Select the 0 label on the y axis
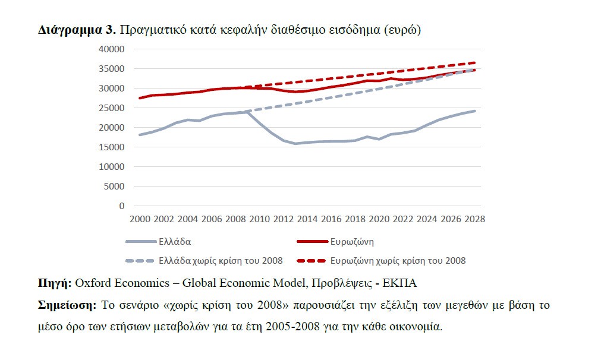(121, 206)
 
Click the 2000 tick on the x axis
(140, 219)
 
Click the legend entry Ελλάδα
(174, 242)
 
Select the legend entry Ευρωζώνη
(351, 242)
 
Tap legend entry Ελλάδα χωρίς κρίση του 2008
(221, 260)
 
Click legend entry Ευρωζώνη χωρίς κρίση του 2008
(398, 260)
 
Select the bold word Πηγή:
(55, 283)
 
